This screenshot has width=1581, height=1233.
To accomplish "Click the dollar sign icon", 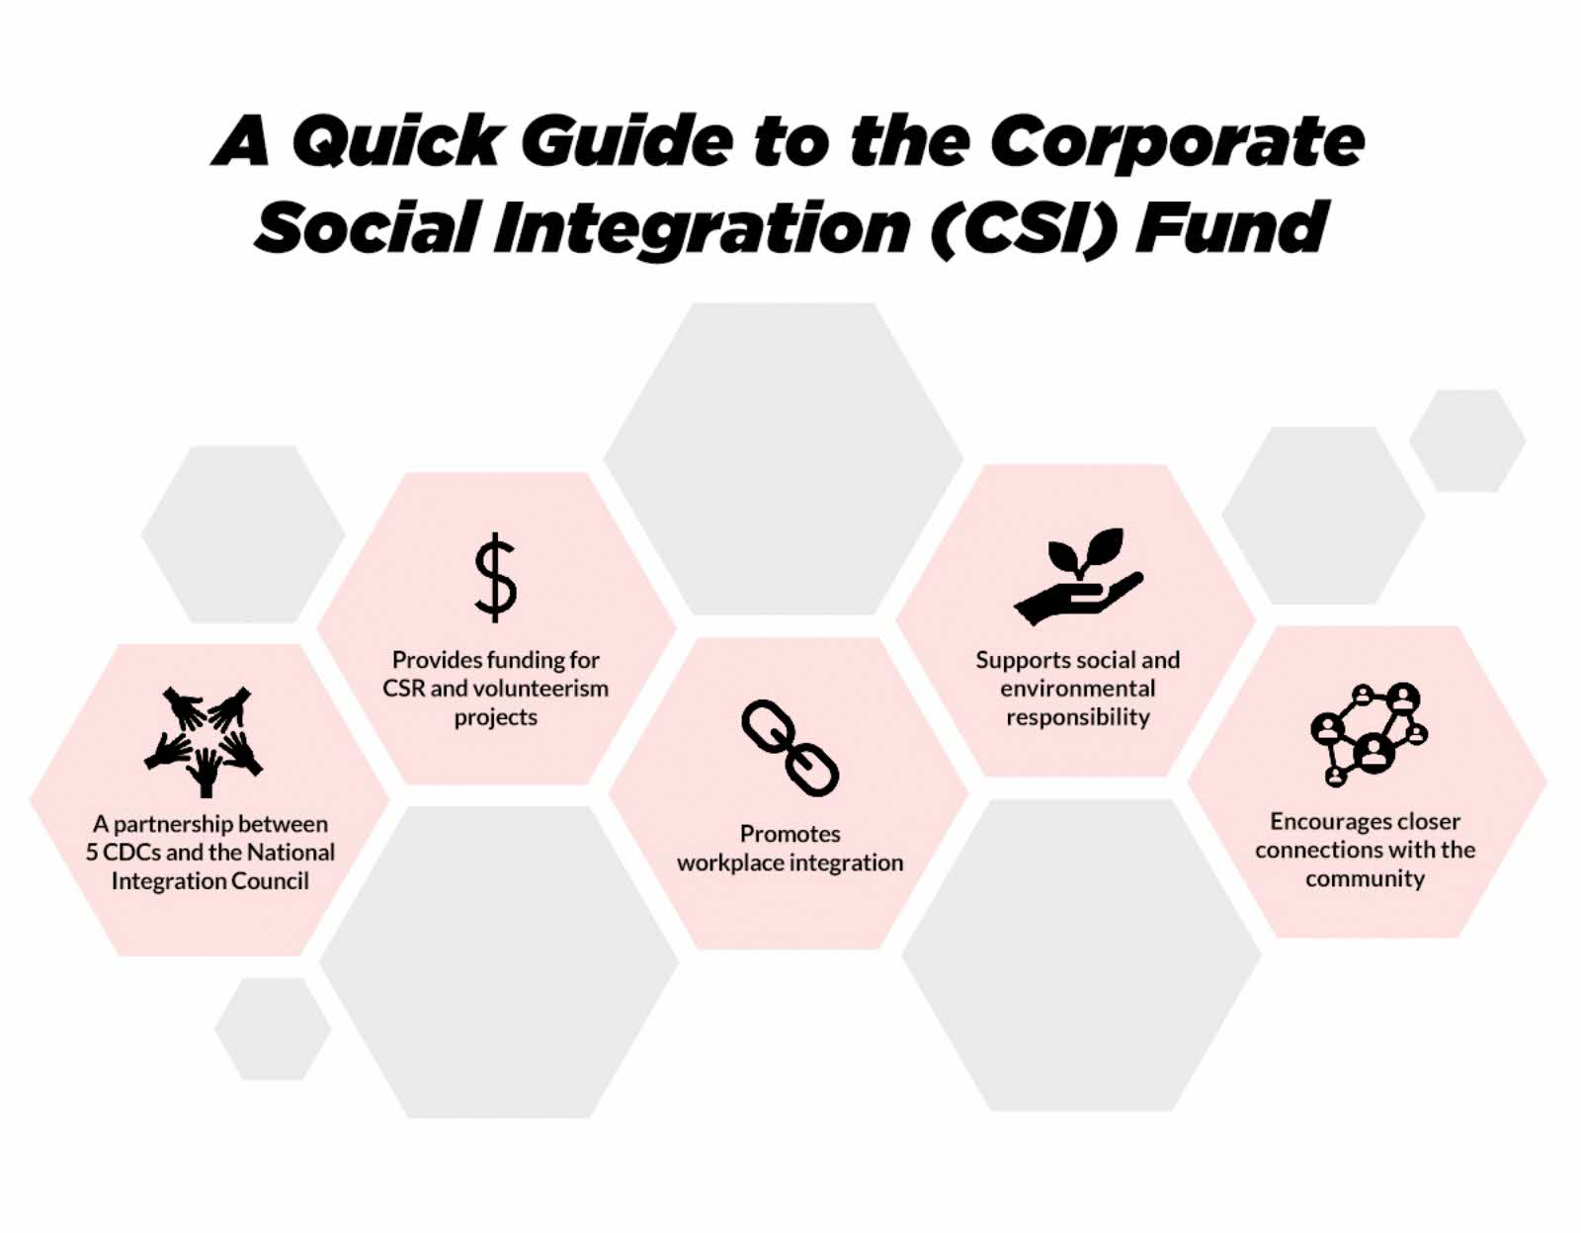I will (x=495, y=577).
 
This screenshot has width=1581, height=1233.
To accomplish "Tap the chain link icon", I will (x=790, y=748).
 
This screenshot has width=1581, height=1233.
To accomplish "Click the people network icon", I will (x=1369, y=734).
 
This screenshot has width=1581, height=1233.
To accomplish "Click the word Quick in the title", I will (x=396, y=141).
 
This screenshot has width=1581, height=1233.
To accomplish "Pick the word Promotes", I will (x=790, y=834).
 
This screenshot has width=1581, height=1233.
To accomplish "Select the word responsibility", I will (x=1077, y=717).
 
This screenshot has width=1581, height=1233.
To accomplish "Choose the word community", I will (x=1365, y=879).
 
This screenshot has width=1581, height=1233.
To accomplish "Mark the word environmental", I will (x=1077, y=689).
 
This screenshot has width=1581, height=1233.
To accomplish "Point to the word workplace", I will (x=729, y=863).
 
